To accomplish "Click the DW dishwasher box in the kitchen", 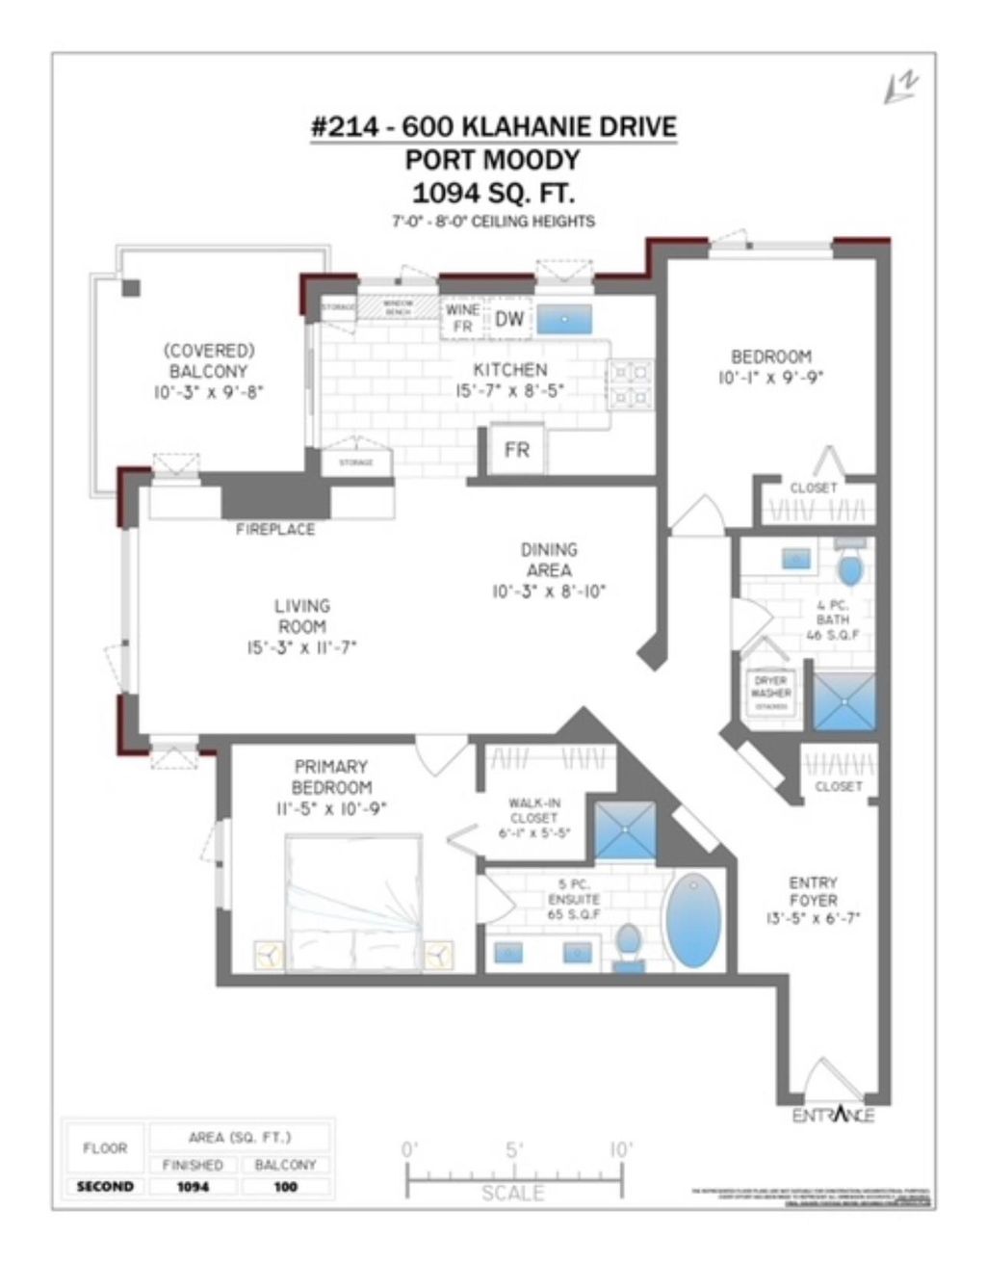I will click(x=509, y=319).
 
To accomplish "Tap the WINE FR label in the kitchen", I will click(x=462, y=318).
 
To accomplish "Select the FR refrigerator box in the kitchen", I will click(x=517, y=449).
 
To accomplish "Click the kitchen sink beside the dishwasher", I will click(x=564, y=319).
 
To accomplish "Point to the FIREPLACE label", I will click(x=275, y=530).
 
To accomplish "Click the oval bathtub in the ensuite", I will click(x=692, y=921).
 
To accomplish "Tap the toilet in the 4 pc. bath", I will click(x=849, y=567).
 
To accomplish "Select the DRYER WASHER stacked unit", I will click(x=770, y=692).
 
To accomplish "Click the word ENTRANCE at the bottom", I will click(x=833, y=1115).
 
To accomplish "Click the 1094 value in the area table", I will click(x=193, y=1187).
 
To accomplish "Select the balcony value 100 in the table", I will click(x=285, y=1187).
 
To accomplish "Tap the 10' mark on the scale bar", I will click(x=621, y=1149).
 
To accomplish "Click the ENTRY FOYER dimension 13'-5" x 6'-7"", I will click(x=814, y=918).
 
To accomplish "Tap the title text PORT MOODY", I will click(x=492, y=159).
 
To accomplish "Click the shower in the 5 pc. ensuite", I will click(x=624, y=829).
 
